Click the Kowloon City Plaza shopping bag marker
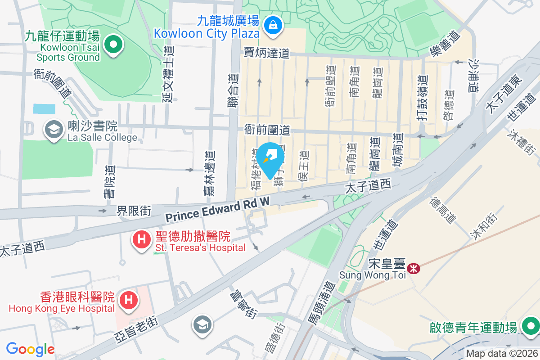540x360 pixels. pos(273,25)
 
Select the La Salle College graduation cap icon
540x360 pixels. pos(54,130)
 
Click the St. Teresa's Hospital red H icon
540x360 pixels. pos(141,239)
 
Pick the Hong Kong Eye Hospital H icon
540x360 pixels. pos(128,299)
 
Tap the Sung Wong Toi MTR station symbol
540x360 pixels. pos(413,268)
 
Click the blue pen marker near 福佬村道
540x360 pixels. pos(271,157)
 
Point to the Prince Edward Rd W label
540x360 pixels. pos(217,210)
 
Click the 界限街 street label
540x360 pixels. pos(134,210)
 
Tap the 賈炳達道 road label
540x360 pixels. pos(266,53)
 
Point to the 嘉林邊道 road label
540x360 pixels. pos(208,174)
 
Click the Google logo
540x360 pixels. pos(30,349)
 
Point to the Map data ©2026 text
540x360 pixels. pos(502,353)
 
